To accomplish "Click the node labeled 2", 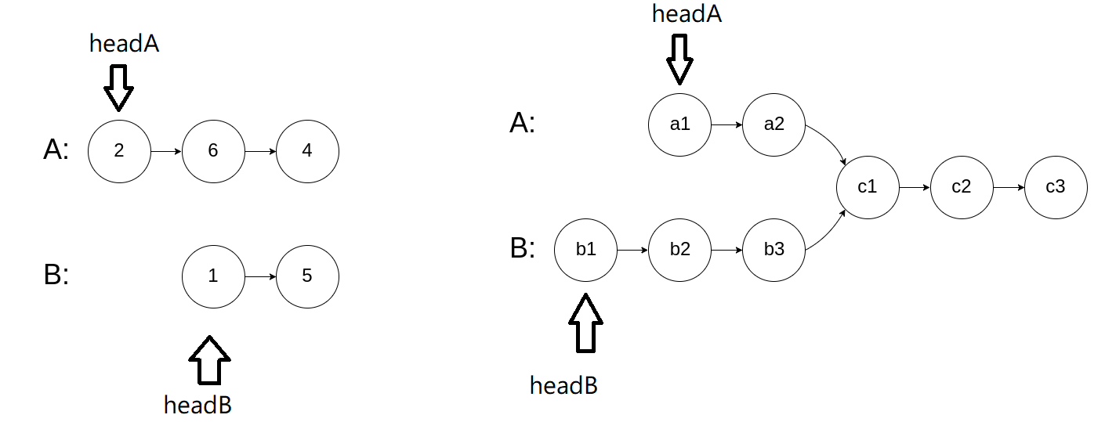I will [x=119, y=151].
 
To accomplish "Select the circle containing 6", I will [x=213, y=151].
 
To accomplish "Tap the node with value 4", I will [x=307, y=151].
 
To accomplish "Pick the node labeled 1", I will [x=213, y=276].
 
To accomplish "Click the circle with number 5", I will [x=307, y=276].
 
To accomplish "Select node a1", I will [x=680, y=124].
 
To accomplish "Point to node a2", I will [x=774, y=124].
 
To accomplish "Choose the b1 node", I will [x=586, y=250].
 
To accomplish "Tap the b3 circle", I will [x=774, y=250].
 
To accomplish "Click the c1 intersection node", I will [x=868, y=188].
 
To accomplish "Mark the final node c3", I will [x=1056, y=188].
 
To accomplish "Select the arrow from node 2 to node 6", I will [x=165, y=151].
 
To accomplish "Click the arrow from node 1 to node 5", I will [x=259, y=276].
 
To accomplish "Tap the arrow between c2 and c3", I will [x=1009, y=188].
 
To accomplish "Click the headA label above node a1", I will [x=687, y=14].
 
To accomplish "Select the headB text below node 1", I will [x=197, y=405].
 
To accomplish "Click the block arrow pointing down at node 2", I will [x=119, y=86].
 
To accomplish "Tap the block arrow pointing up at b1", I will [x=585, y=323].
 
